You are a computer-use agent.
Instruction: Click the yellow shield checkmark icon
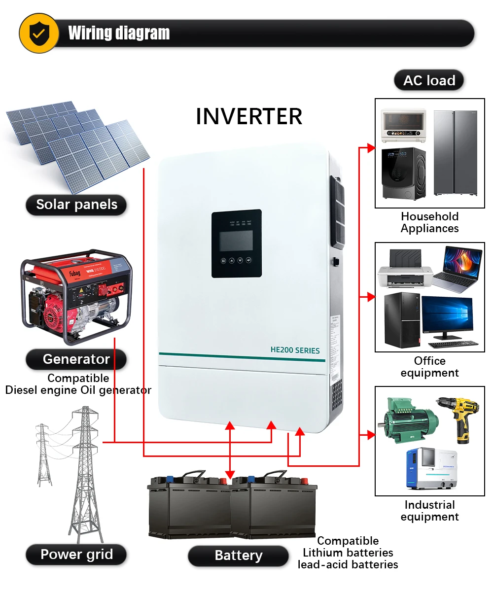[38, 33]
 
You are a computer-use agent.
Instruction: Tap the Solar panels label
[76, 205]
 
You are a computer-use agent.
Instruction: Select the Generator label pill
[76, 359]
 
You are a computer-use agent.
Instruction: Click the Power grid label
[76, 554]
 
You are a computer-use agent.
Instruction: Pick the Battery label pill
[238, 556]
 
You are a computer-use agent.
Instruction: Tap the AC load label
[429, 80]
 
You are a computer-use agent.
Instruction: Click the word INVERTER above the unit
[249, 116]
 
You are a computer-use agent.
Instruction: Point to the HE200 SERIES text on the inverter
[295, 350]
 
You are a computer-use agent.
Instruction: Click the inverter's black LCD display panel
[237, 244]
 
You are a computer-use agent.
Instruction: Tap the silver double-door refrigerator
[455, 153]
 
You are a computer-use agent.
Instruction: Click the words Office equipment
[429, 367]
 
